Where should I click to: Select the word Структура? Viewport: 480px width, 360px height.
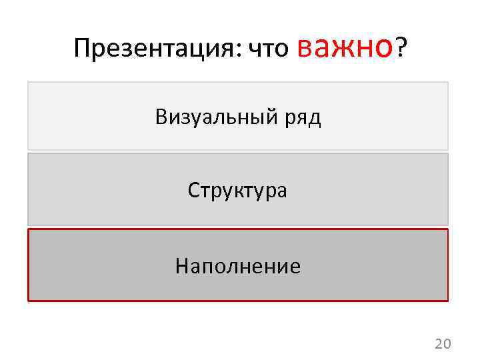tap(237, 191)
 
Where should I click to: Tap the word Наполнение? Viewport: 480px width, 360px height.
tap(238, 267)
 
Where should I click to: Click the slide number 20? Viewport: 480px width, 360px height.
tap(443, 344)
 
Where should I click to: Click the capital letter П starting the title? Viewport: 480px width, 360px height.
tap(81, 47)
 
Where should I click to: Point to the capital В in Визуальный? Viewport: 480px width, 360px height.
tap(161, 117)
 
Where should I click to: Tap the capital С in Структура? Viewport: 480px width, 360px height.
tap(193, 191)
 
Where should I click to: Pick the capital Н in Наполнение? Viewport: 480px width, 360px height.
tap(181, 267)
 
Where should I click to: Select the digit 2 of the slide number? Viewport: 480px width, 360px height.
tap(439, 344)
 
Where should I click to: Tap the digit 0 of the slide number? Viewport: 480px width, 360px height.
tap(447, 344)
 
